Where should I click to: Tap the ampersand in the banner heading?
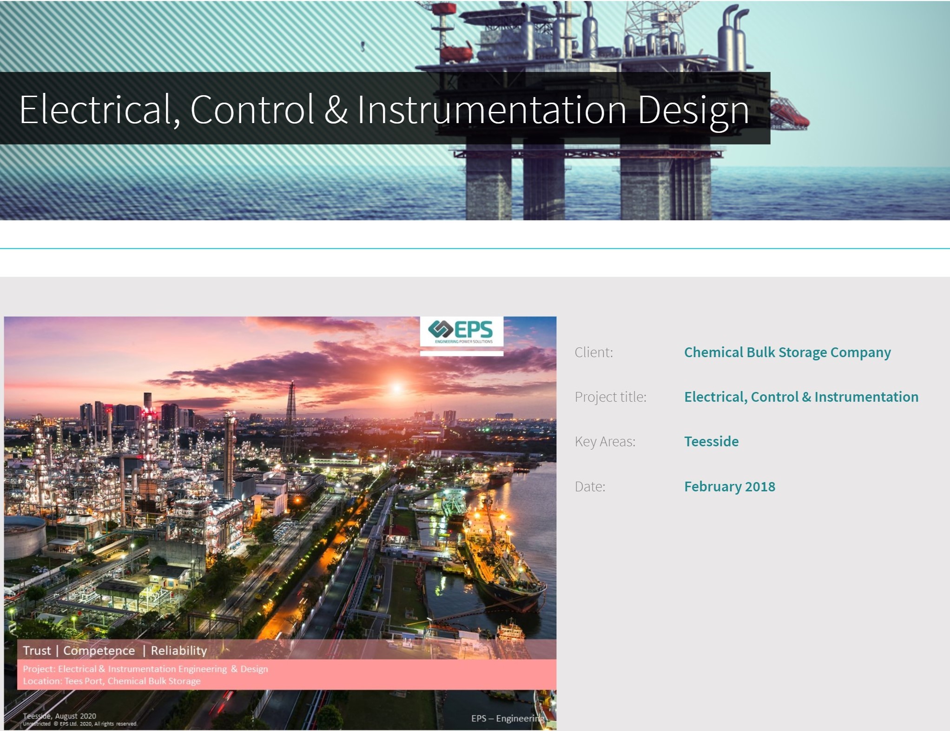click(x=336, y=110)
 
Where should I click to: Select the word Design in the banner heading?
click(x=693, y=111)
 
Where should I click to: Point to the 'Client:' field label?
click(x=594, y=352)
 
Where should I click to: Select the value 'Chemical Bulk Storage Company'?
click(x=787, y=352)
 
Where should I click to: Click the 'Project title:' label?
click(x=610, y=397)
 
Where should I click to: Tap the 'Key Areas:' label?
click(x=605, y=441)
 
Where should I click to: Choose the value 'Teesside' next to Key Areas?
click(x=711, y=441)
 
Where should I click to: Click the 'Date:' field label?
click(x=590, y=486)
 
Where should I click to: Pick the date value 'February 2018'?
click(x=729, y=486)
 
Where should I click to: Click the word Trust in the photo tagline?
click(x=37, y=650)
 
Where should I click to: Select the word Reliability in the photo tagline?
click(x=179, y=650)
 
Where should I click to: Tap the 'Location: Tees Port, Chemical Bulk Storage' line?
click(x=112, y=681)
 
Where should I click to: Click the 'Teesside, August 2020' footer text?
click(x=59, y=716)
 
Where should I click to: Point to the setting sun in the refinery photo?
click(x=396, y=387)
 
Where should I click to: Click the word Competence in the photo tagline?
click(x=99, y=650)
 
